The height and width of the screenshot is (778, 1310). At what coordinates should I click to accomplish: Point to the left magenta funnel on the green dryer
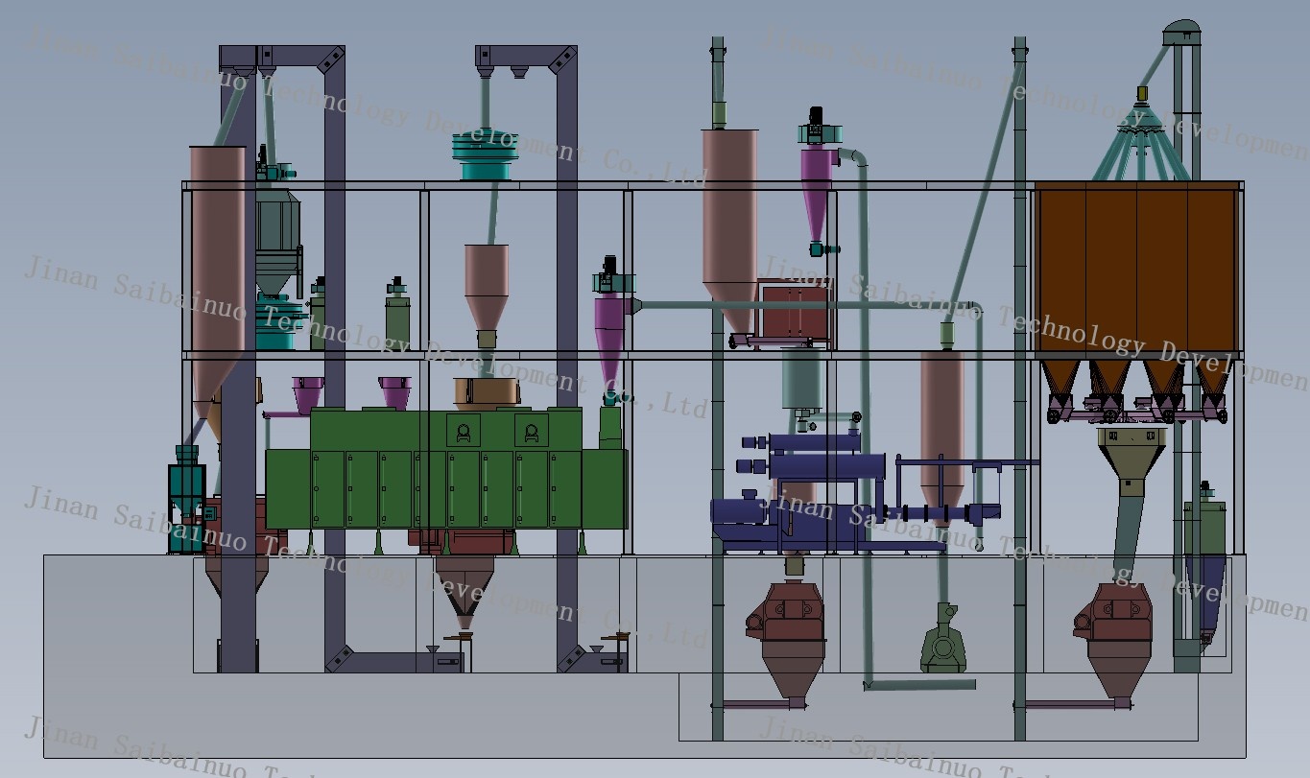point(308,393)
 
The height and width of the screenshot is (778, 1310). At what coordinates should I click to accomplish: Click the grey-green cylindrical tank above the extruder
point(801,379)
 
